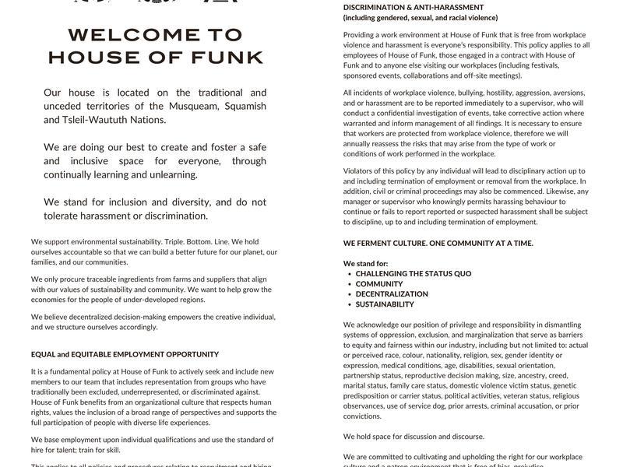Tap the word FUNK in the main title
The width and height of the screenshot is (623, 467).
(x=226, y=58)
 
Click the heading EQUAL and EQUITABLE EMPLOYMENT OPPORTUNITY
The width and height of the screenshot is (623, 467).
(x=125, y=354)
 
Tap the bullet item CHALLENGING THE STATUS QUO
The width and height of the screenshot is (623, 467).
(x=413, y=274)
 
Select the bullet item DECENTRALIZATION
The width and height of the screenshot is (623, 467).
(x=392, y=294)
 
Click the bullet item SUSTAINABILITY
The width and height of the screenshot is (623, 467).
(x=385, y=304)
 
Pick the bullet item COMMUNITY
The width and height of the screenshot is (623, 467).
(x=379, y=284)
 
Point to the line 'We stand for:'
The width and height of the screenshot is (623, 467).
(x=365, y=264)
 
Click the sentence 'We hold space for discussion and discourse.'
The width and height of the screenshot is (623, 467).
(x=414, y=436)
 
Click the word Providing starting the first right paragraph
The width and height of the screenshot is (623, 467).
(x=362, y=35)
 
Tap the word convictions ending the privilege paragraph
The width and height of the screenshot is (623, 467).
(x=362, y=416)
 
